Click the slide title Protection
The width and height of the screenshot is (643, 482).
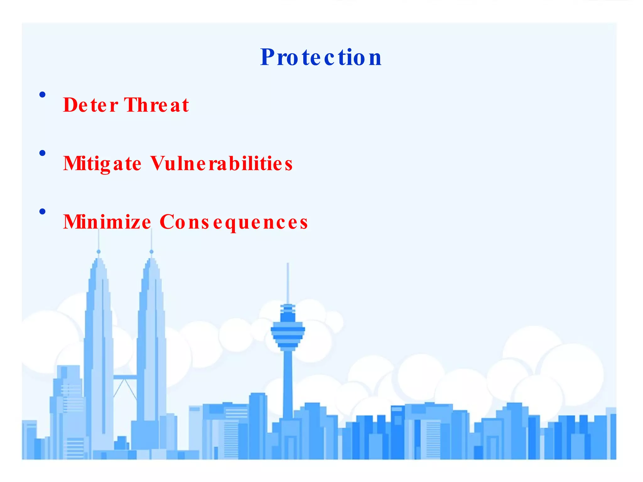point(321,57)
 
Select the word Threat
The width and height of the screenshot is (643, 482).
point(156,105)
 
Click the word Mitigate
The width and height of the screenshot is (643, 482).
point(102,164)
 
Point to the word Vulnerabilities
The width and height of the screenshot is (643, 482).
point(221,164)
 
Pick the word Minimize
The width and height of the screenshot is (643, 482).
point(107,222)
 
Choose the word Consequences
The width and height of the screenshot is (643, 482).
point(234,222)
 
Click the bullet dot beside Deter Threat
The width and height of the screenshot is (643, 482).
point(42,94)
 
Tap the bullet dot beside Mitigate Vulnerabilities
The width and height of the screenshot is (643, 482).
point(42,153)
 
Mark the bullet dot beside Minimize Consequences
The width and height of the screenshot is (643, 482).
point(42,212)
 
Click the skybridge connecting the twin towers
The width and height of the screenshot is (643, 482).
point(125,377)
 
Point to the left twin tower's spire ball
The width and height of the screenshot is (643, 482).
point(99,252)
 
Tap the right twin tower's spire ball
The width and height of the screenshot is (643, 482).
point(152,252)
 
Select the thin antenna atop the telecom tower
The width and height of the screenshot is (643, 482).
point(288,282)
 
